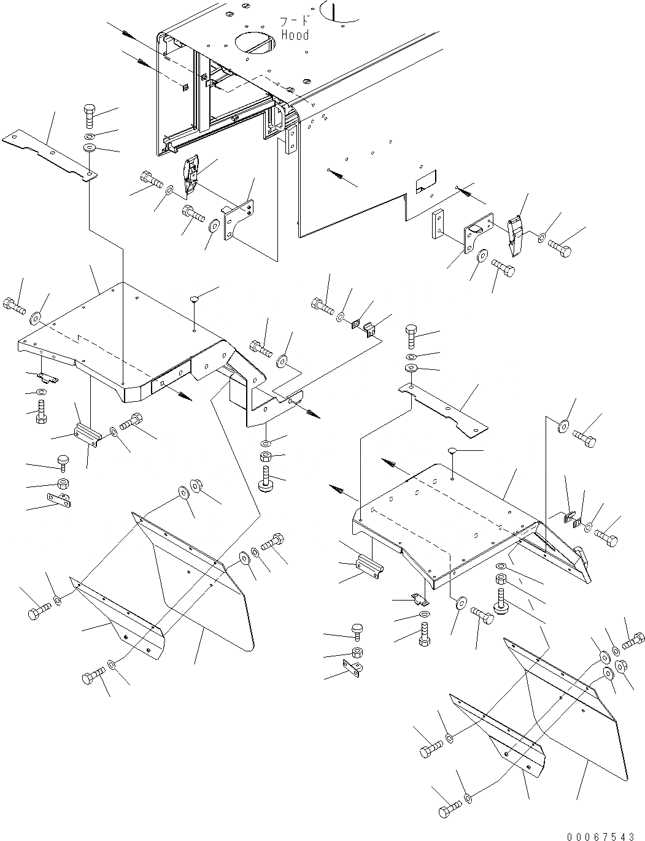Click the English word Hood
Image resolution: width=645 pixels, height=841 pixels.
tap(295, 35)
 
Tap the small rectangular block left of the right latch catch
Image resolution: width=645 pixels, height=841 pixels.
tap(439, 225)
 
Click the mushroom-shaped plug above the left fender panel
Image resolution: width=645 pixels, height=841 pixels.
tap(194, 299)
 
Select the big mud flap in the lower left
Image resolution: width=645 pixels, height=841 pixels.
tap(203, 589)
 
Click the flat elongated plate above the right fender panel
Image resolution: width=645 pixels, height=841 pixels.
tap(442, 410)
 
